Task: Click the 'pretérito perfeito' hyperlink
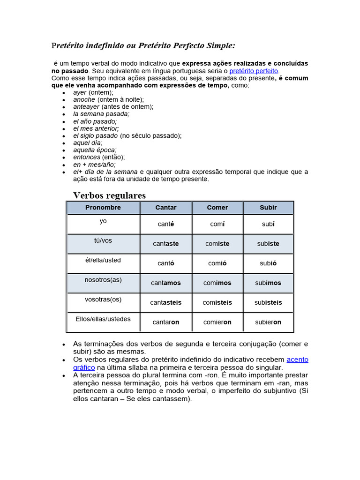(x=254, y=71)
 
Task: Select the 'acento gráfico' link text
(x=297, y=360)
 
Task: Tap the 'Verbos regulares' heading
(x=109, y=195)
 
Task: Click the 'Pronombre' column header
(x=103, y=207)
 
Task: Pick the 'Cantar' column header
(x=166, y=207)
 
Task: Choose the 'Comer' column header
(x=217, y=207)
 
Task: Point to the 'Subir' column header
(x=268, y=207)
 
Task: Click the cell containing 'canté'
(x=166, y=224)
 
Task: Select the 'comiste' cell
(x=217, y=244)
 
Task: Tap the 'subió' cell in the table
(x=268, y=263)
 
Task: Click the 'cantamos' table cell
(x=166, y=283)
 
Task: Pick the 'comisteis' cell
(x=217, y=303)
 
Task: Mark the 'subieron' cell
(x=268, y=322)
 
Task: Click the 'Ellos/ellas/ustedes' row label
(x=103, y=319)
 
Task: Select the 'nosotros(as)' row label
(x=103, y=280)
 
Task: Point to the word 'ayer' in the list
(x=80, y=92)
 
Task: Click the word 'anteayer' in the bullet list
(x=86, y=107)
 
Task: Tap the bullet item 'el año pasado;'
(x=95, y=121)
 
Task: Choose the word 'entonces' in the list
(x=87, y=157)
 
